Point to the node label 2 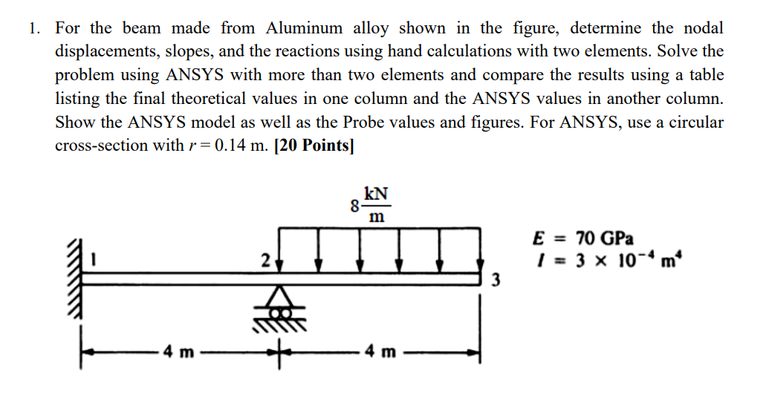pyautogui.click(x=265, y=261)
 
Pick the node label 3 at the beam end pyautogui.click(x=496, y=281)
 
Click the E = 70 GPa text pyautogui.click(x=583, y=239)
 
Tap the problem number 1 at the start pyautogui.click(x=33, y=29)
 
